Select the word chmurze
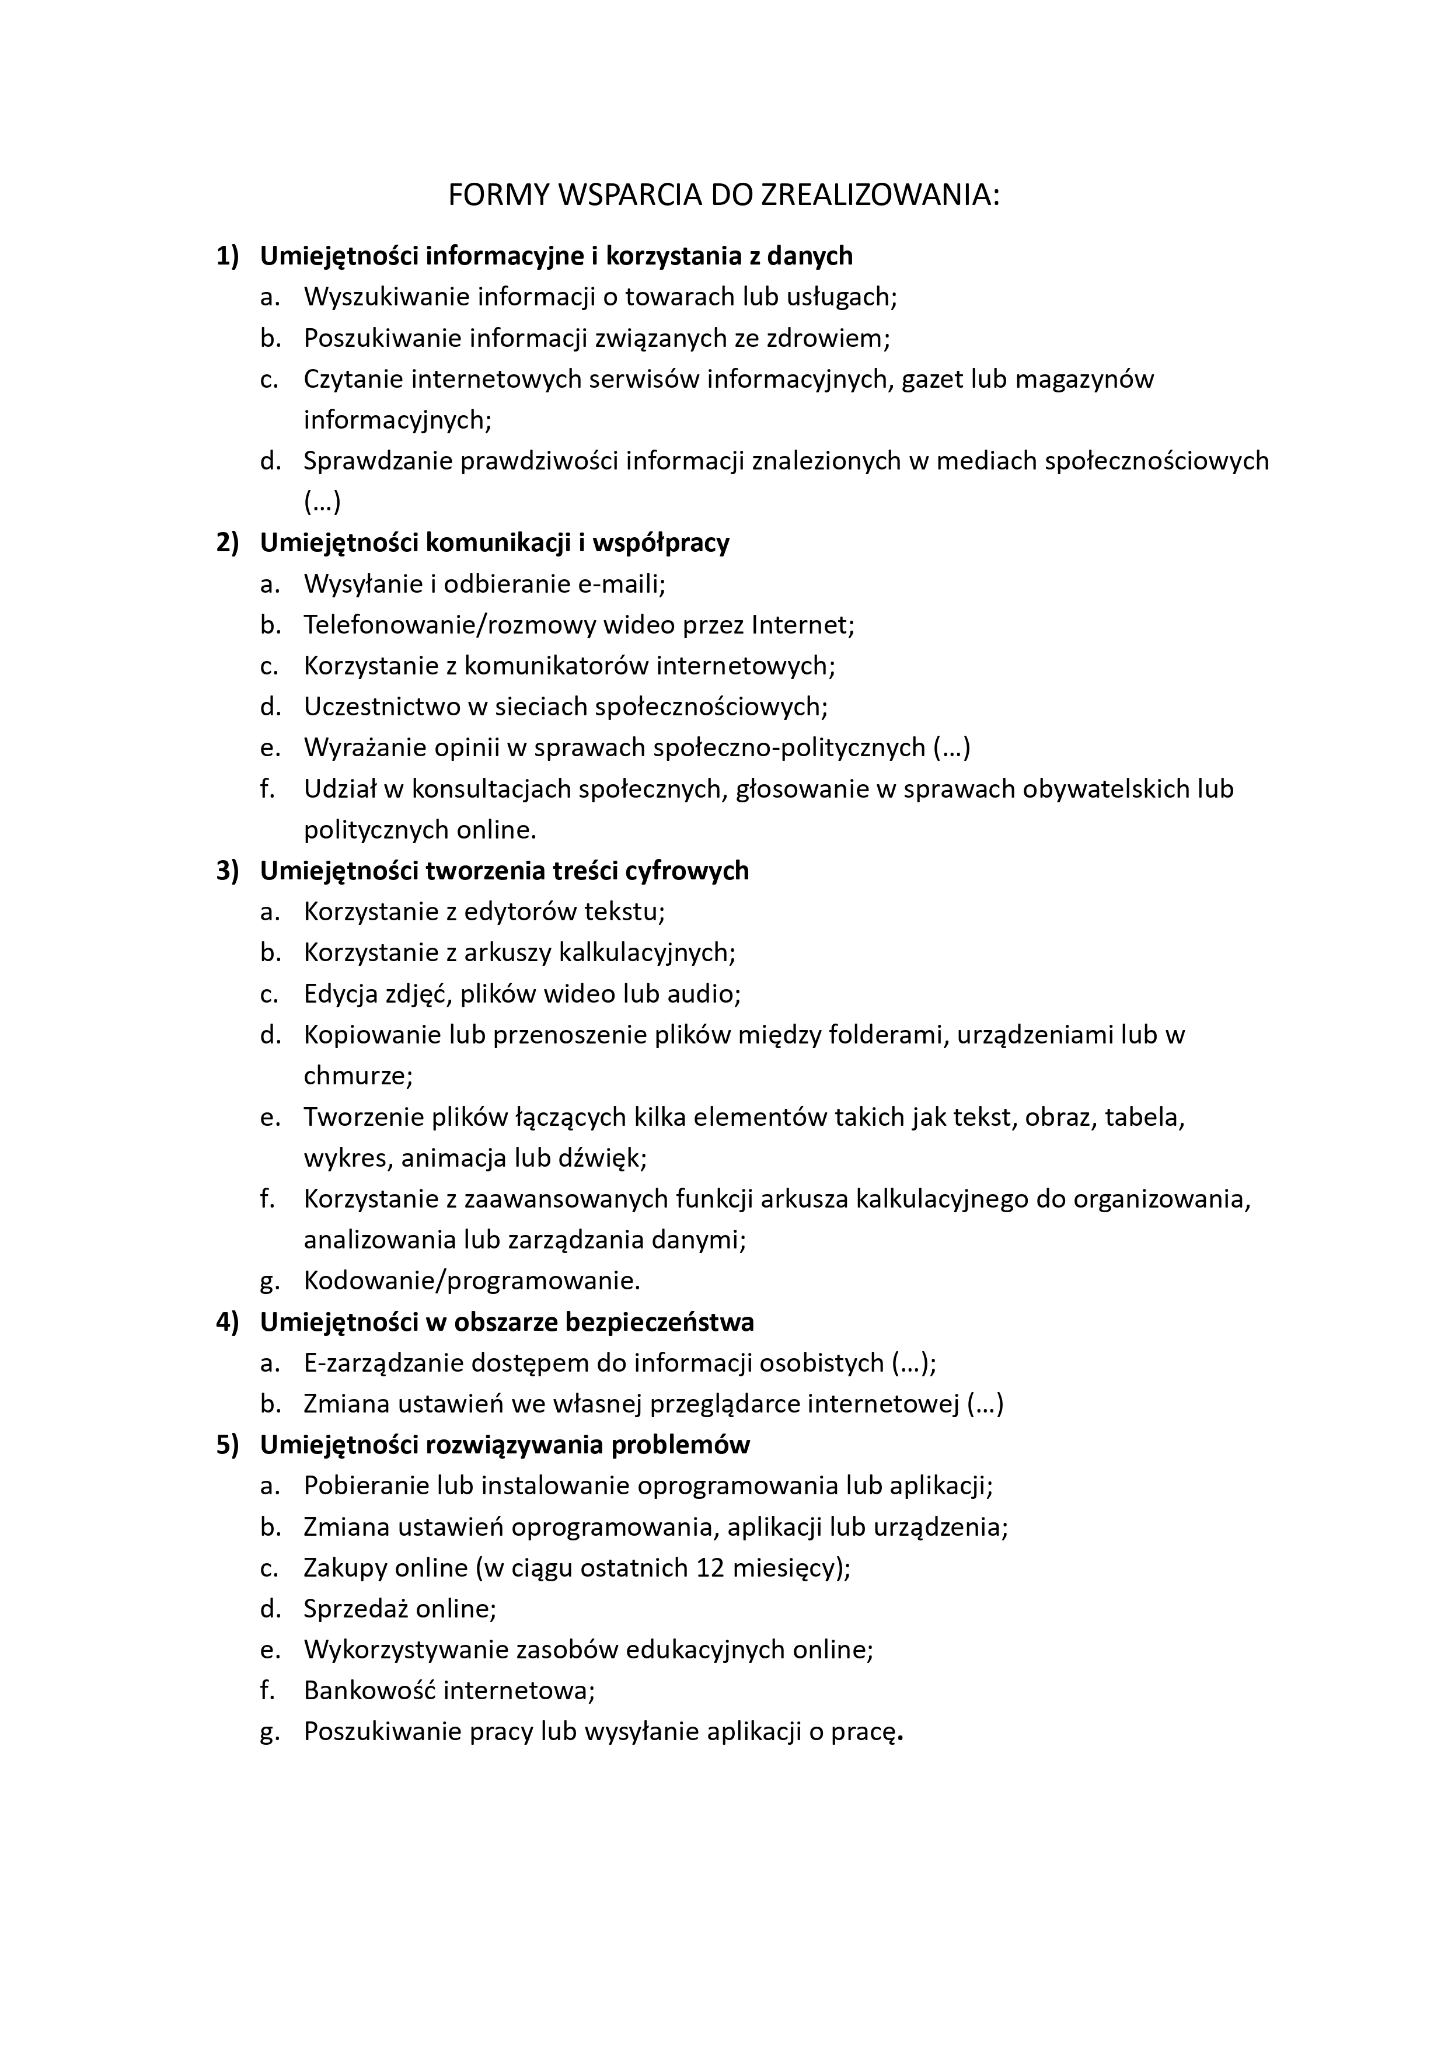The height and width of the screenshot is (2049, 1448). pos(358,1076)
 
